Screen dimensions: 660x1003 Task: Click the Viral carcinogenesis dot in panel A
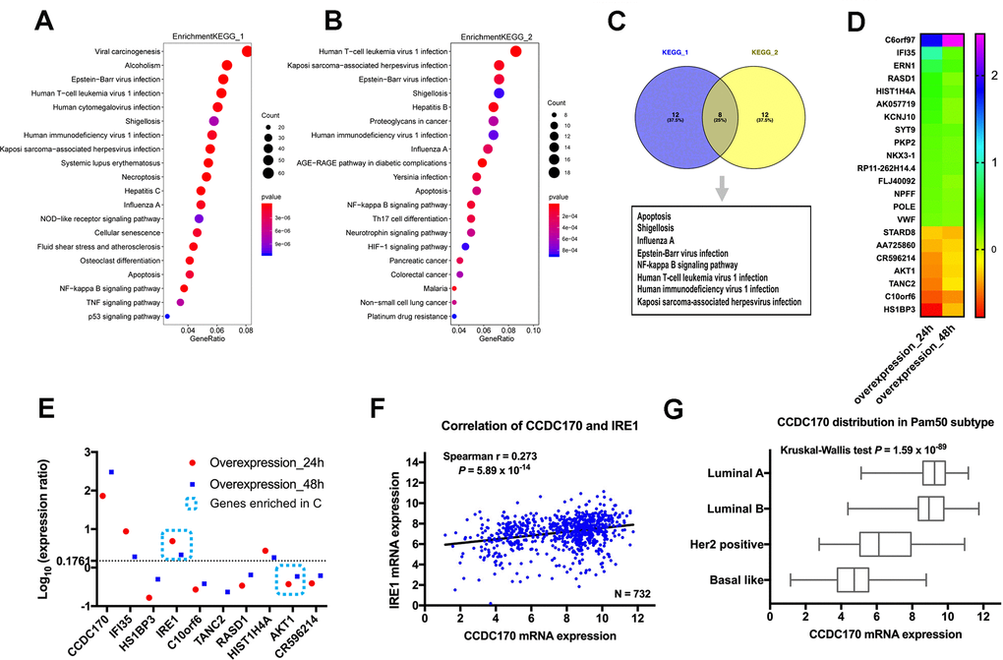(x=247, y=51)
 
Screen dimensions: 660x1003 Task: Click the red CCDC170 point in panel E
(x=102, y=496)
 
